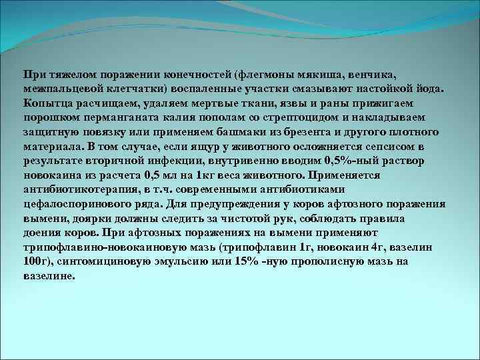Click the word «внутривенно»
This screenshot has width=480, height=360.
click(x=244, y=161)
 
